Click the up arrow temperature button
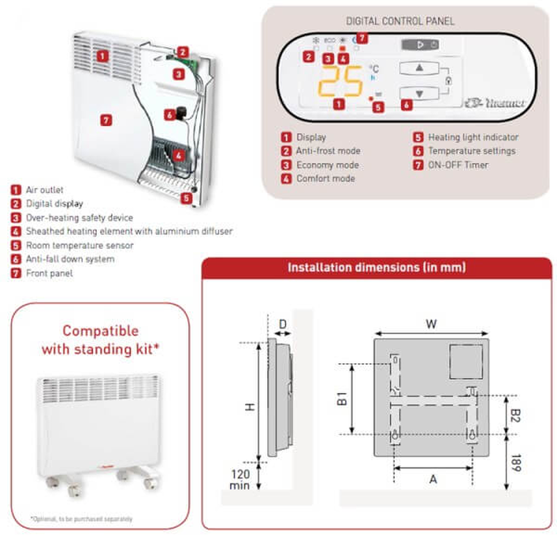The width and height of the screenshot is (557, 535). (419, 68)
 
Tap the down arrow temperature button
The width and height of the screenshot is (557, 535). (419, 93)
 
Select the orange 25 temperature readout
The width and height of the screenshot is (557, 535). (340, 82)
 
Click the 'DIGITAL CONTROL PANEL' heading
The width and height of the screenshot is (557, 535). (400, 22)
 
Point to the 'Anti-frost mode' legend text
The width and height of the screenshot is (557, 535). (328, 151)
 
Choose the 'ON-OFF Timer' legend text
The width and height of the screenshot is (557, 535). (457, 165)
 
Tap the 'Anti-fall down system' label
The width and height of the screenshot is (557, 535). (70, 259)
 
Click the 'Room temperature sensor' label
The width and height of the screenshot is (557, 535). (79, 245)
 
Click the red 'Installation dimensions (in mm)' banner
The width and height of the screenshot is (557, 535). (377, 267)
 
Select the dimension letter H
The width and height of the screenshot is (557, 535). (249, 407)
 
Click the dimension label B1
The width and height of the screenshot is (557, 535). (342, 399)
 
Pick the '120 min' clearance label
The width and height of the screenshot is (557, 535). (239, 479)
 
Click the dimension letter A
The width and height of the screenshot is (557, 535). (433, 478)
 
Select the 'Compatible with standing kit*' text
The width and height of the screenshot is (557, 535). (100, 340)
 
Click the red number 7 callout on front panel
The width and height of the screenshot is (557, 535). (106, 120)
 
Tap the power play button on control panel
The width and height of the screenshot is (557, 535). (420, 45)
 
